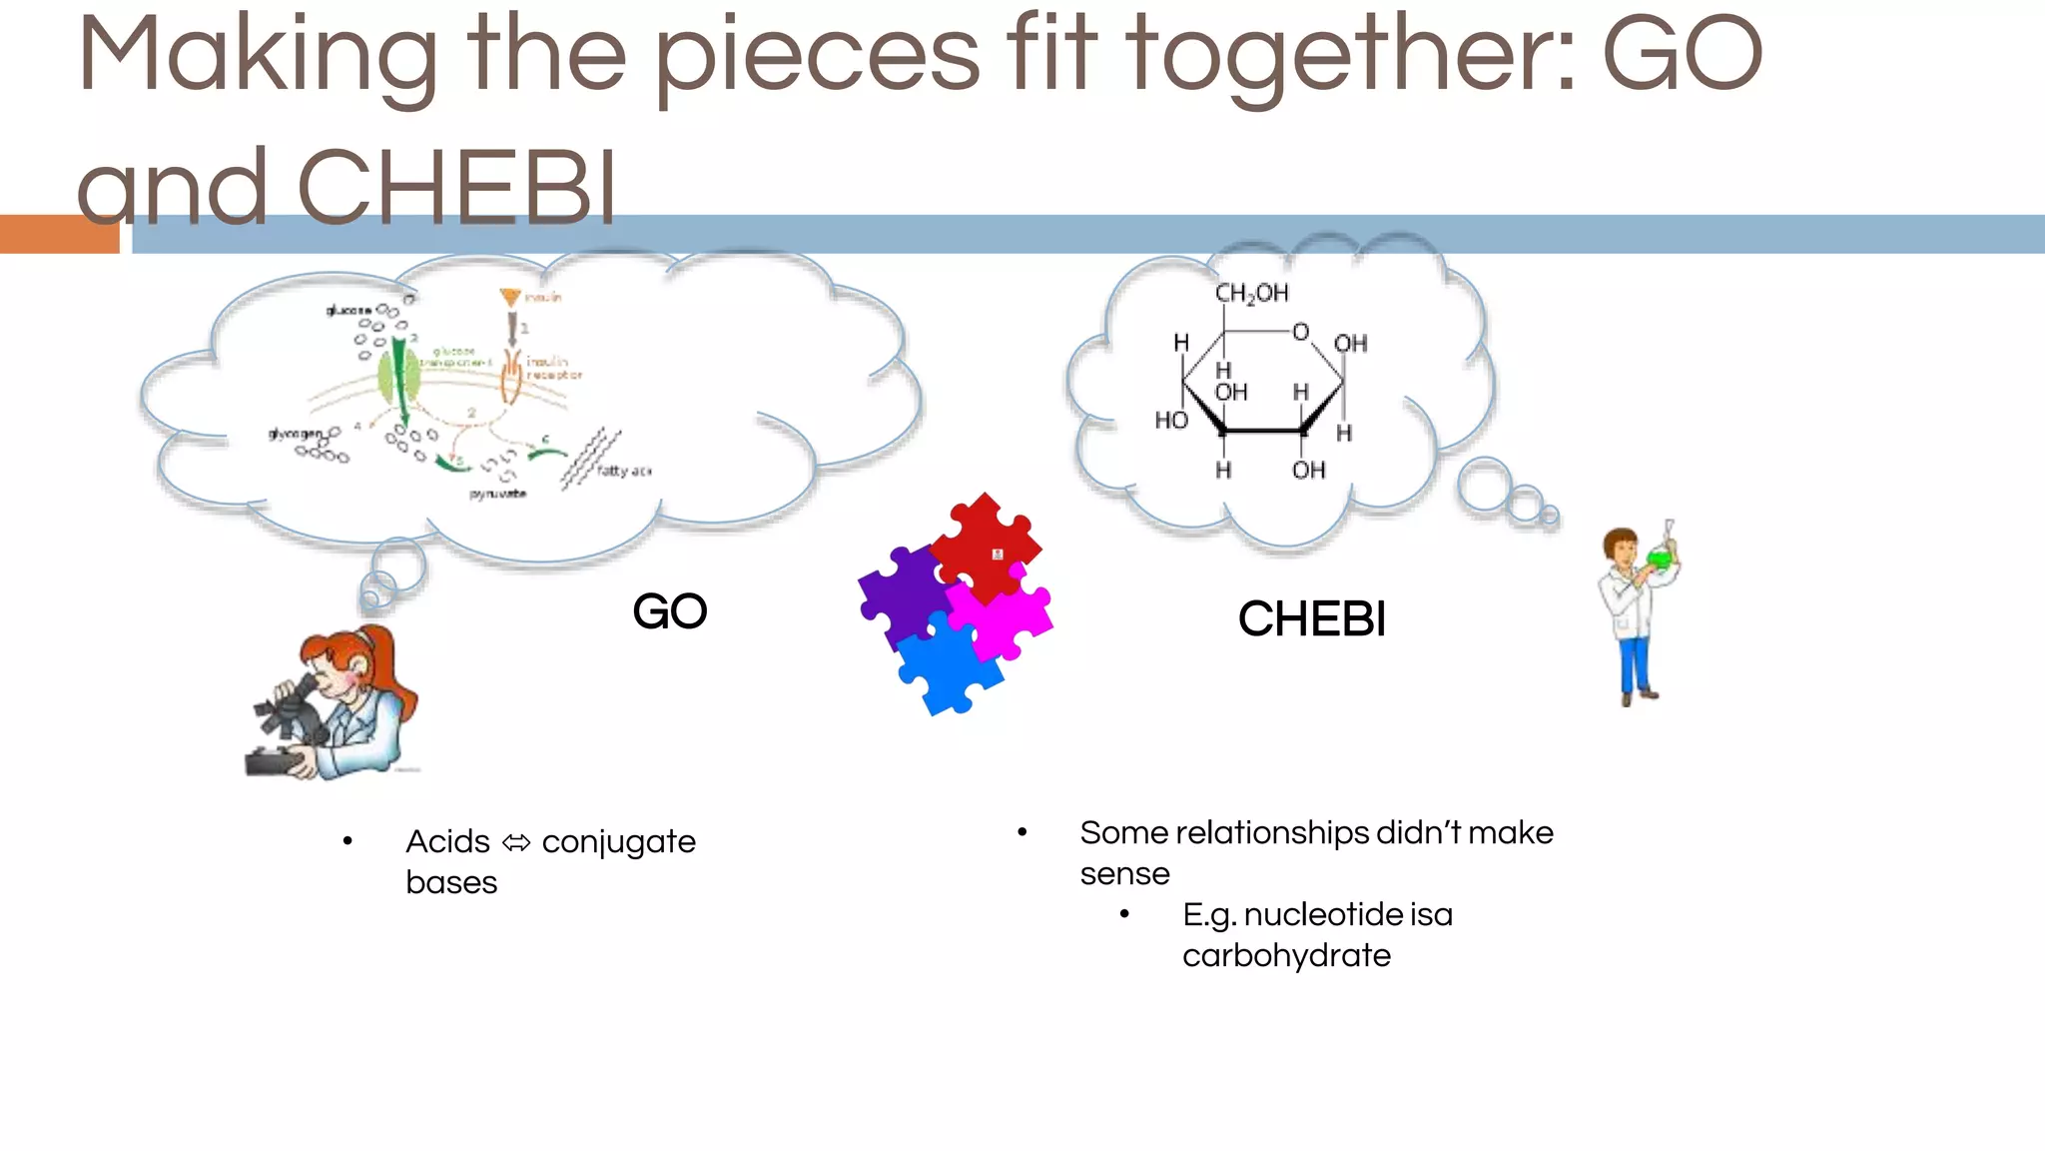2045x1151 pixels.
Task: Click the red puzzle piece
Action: tap(984, 545)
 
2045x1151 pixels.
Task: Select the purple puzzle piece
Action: tap(899, 594)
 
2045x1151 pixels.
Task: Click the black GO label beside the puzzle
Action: tap(670, 611)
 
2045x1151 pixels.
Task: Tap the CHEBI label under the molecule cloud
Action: tap(1312, 618)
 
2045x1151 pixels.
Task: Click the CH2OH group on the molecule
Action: tap(1251, 293)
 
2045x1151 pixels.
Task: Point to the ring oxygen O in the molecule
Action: tap(1300, 332)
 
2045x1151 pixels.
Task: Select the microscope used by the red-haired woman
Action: tap(290, 724)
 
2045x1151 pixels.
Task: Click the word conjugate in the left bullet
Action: tap(618, 842)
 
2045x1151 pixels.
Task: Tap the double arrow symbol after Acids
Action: tap(516, 843)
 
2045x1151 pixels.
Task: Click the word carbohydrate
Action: tap(1286, 956)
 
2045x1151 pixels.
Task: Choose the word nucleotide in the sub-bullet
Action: tap(1322, 914)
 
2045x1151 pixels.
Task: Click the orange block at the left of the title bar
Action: tap(58, 234)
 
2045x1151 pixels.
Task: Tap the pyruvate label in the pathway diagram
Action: tap(497, 494)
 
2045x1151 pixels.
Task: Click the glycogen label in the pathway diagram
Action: tap(296, 434)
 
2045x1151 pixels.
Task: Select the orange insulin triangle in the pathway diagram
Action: tap(510, 297)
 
